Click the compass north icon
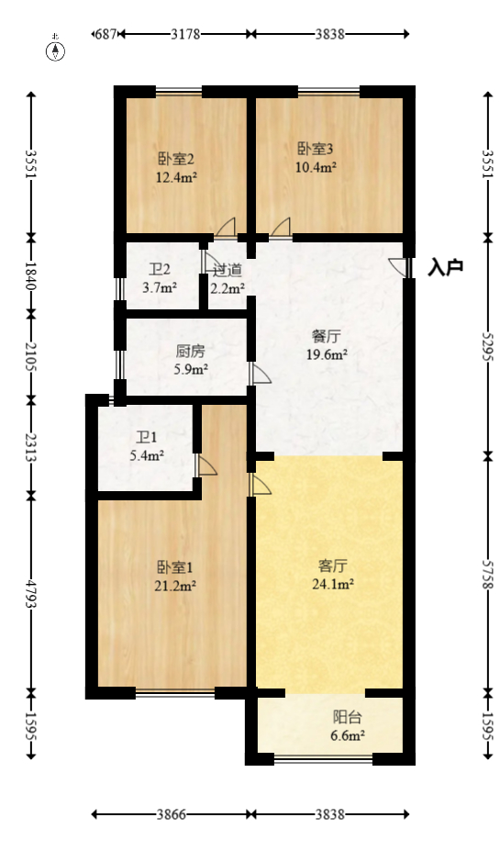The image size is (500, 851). (57, 50)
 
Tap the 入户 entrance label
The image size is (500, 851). (446, 267)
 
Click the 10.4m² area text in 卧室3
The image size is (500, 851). (315, 167)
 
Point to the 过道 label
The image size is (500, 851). (228, 270)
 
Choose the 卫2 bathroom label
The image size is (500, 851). (160, 270)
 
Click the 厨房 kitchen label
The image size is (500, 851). (190, 351)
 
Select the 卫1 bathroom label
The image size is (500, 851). (147, 438)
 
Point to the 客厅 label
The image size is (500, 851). (331, 565)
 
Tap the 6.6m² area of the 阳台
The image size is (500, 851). (348, 735)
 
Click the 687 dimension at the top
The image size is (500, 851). (106, 34)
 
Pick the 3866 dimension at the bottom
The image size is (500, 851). (171, 814)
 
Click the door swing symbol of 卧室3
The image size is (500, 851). (281, 227)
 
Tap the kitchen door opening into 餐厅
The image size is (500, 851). (260, 373)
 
